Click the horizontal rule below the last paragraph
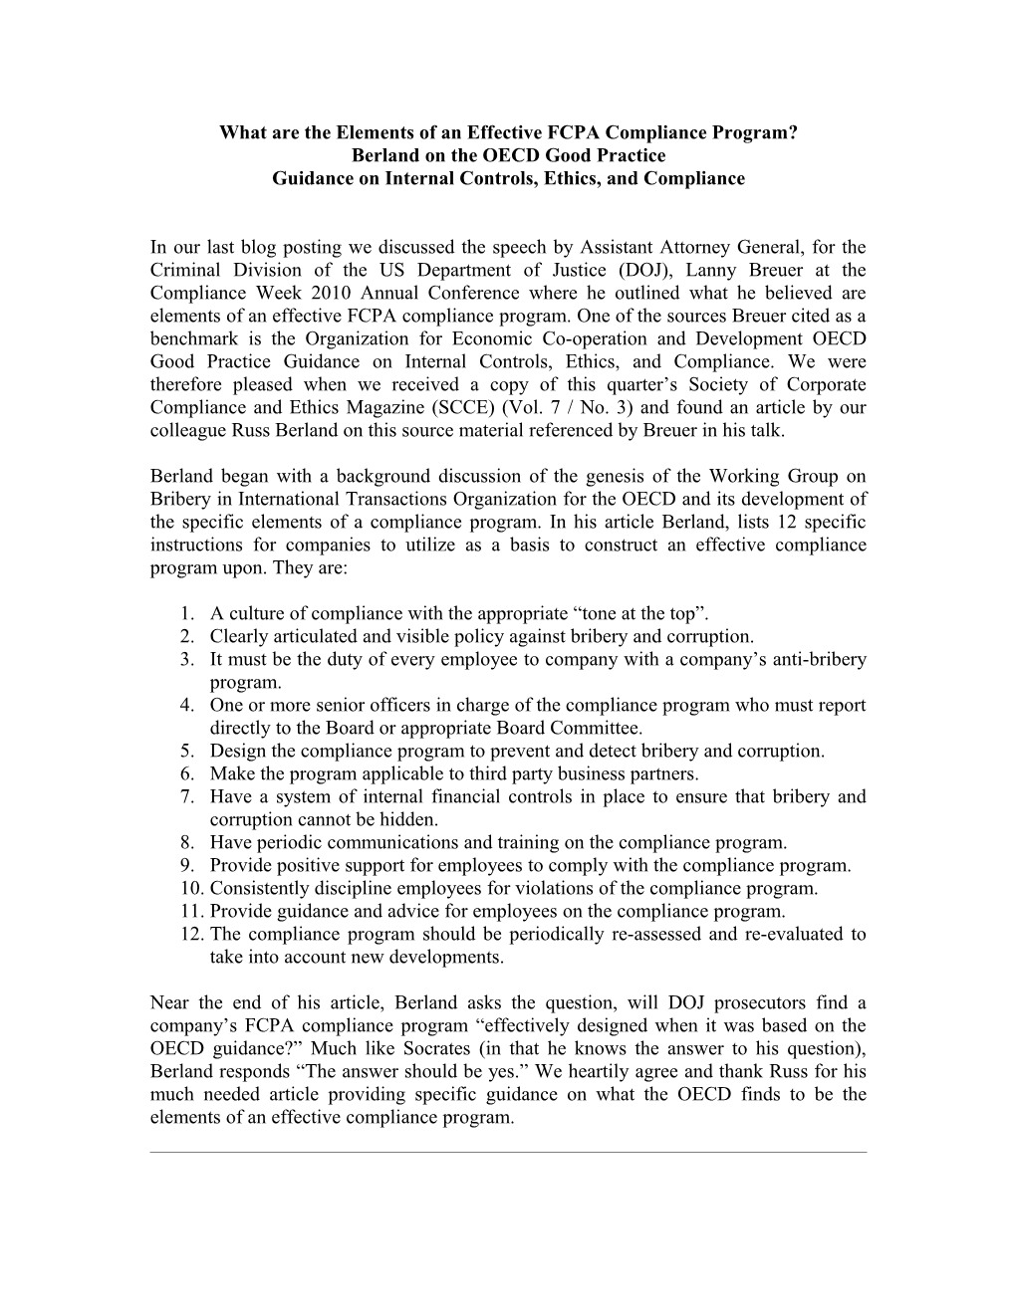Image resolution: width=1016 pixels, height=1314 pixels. tap(508, 1153)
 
